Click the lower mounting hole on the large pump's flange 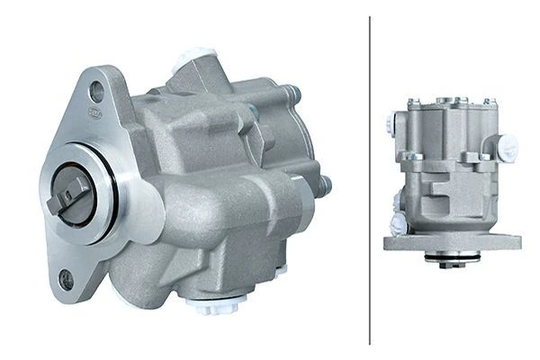click(x=65, y=281)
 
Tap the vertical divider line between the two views click(x=370, y=180)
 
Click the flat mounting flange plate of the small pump click(x=453, y=242)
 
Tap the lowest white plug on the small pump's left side click(x=397, y=225)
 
